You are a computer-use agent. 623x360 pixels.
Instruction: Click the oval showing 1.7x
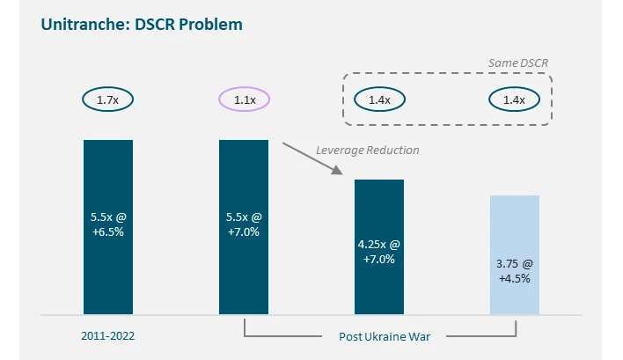point(108,99)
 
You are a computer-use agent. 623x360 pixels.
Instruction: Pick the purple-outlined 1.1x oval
point(244,99)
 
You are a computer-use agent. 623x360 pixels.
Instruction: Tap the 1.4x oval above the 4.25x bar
point(379,99)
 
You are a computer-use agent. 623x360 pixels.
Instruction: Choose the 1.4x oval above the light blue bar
point(514,99)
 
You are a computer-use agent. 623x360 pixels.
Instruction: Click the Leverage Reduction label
point(368,150)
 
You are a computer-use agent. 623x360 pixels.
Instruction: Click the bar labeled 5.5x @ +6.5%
point(108,226)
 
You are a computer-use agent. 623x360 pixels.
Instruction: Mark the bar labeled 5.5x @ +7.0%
point(244,226)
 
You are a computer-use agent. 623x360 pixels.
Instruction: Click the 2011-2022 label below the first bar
point(108,336)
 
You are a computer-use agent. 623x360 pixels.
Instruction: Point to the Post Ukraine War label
point(379,336)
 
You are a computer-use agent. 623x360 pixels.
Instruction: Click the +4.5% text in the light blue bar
point(514,278)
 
